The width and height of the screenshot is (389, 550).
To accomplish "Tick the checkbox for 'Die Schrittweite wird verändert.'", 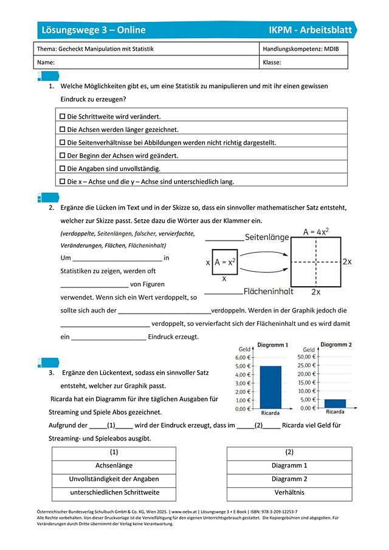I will (x=62, y=115).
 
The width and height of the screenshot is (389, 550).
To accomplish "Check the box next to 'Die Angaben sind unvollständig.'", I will (x=62, y=168).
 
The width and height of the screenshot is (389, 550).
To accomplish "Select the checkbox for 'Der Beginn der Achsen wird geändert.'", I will (x=62, y=155).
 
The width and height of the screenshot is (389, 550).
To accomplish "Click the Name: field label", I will (x=46, y=63).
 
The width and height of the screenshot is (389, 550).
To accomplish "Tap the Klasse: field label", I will (x=272, y=63).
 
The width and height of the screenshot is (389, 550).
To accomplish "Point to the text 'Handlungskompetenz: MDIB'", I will (x=300, y=49).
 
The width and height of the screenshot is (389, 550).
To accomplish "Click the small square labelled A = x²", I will (x=224, y=262).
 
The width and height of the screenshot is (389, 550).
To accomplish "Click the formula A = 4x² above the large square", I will (x=316, y=232).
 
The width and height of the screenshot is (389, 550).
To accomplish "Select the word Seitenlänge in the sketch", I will (x=267, y=238).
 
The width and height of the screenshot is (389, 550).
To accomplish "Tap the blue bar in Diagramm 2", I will (x=335, y=404).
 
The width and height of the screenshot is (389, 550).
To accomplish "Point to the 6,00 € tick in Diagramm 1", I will (x=243, y=357).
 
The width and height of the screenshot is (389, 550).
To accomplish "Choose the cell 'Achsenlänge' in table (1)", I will (x=114, y=466).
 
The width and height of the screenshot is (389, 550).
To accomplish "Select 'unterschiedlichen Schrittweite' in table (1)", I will (x=114, y=492).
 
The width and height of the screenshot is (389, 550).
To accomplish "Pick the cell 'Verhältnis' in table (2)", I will (x=289, y=492).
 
